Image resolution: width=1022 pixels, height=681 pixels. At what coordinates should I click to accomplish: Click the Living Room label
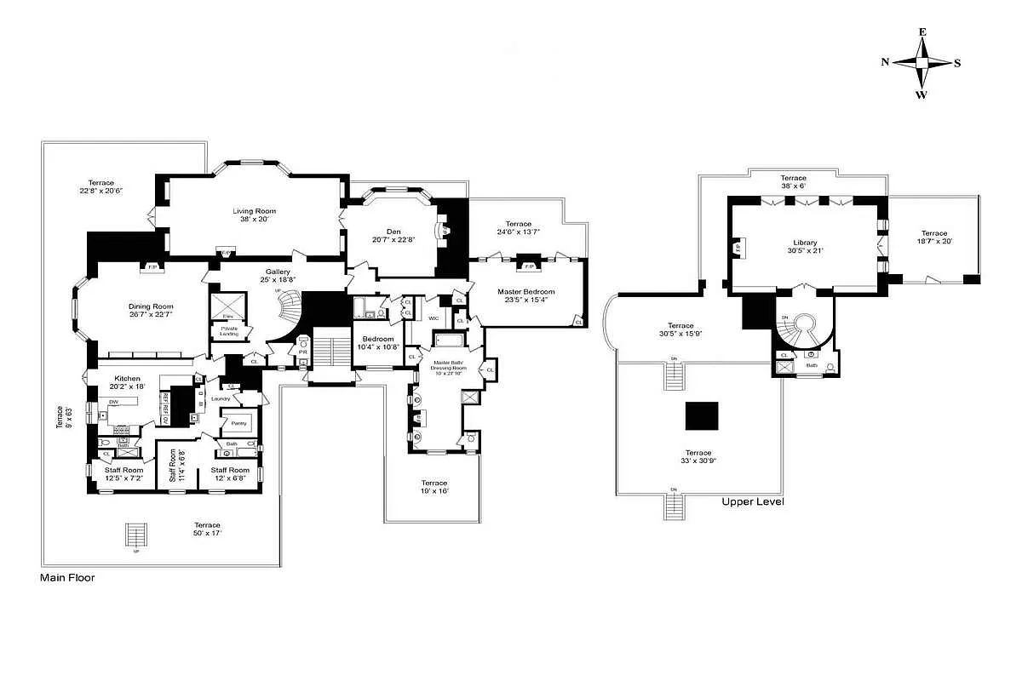click(255, 211)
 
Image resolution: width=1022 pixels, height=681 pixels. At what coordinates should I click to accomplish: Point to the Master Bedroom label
click(525, 292)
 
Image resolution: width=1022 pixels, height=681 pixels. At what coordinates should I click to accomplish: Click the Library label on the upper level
click(805, 243)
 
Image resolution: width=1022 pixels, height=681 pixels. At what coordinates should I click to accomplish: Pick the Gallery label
click(277, 272)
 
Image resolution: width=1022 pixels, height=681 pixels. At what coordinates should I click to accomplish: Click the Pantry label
click(238, 423)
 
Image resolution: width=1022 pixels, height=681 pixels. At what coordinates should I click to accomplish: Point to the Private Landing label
click(229, 331)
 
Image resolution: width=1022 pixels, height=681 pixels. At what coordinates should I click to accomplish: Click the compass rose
click(922, 63)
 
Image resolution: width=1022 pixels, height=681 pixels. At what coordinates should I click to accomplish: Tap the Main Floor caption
click(67, 577)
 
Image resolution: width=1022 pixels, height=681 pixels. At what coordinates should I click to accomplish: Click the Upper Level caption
click(753, 501)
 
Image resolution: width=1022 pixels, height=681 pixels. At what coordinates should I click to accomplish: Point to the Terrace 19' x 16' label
click(433, 487)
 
